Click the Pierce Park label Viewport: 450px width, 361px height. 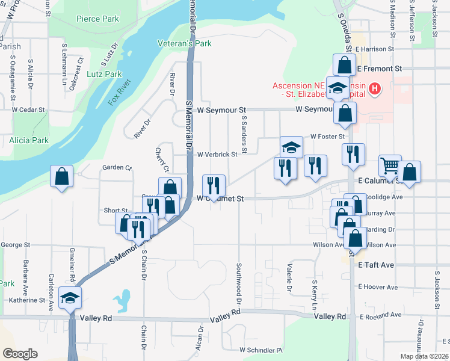[x=97, y=19]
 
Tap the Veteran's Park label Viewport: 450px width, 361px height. [x=184, y=43]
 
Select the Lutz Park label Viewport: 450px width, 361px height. [x=104, y=74]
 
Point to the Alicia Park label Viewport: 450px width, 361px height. [x=28, y=140]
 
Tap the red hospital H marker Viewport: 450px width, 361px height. [x=374, y=90]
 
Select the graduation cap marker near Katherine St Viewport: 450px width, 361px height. [x=70, y=297]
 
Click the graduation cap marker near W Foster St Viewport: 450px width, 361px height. [x=291, y=147]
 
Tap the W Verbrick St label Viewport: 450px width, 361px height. [x=217, y=154]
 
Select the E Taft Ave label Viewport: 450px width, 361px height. [x=375, y=265]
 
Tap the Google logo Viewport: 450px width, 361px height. [x=20, y=354]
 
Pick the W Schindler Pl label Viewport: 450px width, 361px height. [x=260, y=350]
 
